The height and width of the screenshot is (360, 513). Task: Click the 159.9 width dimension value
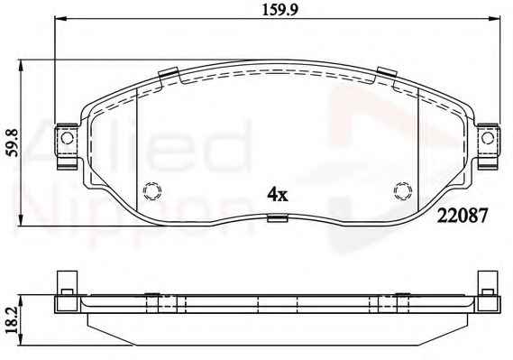pos(279,10)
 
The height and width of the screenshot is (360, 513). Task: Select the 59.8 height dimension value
pos(14,143)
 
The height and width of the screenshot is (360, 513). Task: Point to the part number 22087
pos(463,216)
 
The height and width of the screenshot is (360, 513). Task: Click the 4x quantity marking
pos(278,195)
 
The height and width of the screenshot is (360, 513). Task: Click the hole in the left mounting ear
pos(67,138)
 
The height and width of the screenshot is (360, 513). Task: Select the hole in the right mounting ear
pos(488,138)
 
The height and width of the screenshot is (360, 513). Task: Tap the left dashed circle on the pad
pos(152,190)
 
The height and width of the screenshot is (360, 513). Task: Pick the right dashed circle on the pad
pos(403,190)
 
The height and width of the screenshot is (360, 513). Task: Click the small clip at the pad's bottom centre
pos(278,218)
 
